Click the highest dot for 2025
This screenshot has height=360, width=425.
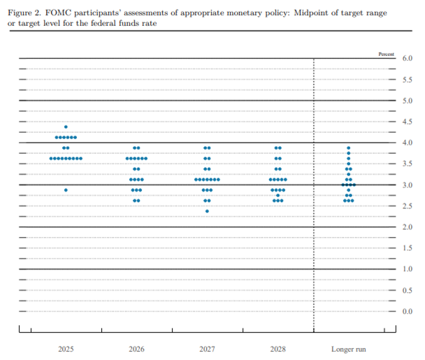pyautogui.click(x=66, y=127)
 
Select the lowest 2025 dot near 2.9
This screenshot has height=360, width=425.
pyautogui.click(x=66, y=190)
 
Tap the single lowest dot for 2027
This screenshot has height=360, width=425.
pyautogui.click(x=207, y=211)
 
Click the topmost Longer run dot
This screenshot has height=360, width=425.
pyautogui.click(x=349, y=148)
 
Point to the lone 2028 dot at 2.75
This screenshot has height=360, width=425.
pyautogui.click(x=278, y=196)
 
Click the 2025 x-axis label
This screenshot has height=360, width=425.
pyautogui.click(x=66, y=349)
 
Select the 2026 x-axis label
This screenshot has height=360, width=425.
pyautogui.click(x=136, y=349)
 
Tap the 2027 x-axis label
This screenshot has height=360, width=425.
pyautogui.click(x=207, y=349)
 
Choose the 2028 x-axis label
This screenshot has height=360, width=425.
pyautogui.click(x=278, y=349)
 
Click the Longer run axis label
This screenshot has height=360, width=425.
pyautogui.click(x=349, y=349)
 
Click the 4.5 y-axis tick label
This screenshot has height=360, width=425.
pyautogui.click(x=408, y=122)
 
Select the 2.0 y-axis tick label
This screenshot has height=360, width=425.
pyautogui.click(x=408, y=227)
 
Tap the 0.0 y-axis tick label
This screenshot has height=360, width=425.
pyautogui.click(x=408, y=311)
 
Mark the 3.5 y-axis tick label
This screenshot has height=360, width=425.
pyautogui.click(x=408, y=164)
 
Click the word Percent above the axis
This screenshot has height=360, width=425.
pyautogui.click(x=387, y=55)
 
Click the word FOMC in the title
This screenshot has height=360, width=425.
pyautogui.click(x=58, y=13)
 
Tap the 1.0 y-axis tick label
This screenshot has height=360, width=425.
pyautogui.click(x=408, y=269)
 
